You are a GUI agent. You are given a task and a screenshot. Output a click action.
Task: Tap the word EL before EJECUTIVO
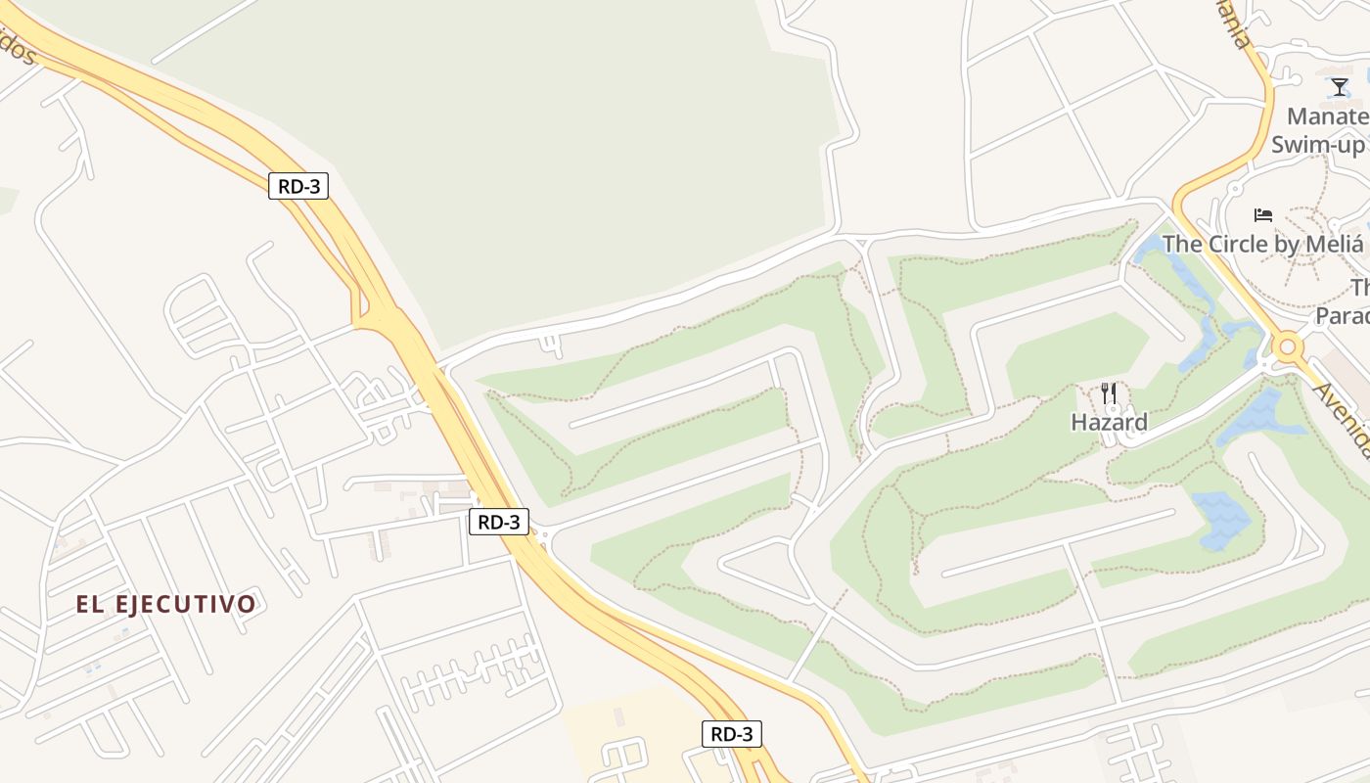[90, 604]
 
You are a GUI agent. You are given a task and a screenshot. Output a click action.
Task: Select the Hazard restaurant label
[1109, 423]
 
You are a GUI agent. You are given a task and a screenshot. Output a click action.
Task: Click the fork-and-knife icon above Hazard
[1109, 393]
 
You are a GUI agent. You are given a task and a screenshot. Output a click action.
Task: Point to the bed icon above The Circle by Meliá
[1263, 214]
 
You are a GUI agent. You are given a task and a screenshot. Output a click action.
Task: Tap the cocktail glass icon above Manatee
[1340, 87]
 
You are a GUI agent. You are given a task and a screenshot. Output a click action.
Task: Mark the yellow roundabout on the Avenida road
[1287, 345]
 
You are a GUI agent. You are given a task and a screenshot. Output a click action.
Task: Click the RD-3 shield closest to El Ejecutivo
[499, 522]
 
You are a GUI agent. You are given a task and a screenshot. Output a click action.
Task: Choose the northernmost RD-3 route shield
[297, 185]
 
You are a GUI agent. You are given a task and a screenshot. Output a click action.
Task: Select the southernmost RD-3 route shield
[731, 733]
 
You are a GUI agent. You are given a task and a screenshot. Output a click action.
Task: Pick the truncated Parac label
[1342, 316]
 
